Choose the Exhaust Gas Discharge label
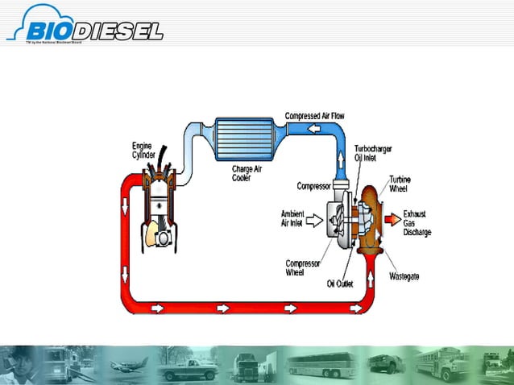pos(417,225)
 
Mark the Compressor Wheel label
pos(303,267)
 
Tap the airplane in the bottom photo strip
pos(126,366)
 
